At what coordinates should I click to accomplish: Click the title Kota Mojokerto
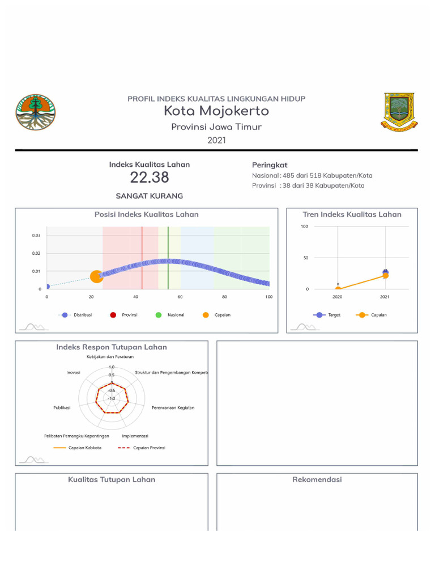click(x=216, y=111)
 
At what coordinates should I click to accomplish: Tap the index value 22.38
click(x=150, y=178)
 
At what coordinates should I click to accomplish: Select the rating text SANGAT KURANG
click(x=150, y=196)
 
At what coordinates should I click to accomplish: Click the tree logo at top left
click(x=36, y=112)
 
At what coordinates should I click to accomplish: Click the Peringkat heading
click(x=270, y=165)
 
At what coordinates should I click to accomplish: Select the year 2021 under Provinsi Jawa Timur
click(x=216, y=140)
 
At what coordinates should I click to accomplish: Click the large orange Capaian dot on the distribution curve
click(x=96, y=276)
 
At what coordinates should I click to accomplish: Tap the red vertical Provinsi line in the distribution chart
click(x=142, y=258)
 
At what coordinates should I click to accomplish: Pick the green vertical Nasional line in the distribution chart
click(x=168, y=258)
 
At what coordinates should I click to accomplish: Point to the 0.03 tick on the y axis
click(x=36, y=235)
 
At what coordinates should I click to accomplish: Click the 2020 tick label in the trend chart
click(x=338, y=297)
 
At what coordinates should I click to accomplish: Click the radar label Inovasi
click(x=73, y=373)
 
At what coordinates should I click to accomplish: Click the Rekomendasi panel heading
click(x=317, y=479)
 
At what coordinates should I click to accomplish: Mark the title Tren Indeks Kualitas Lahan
click(x=352, y=214)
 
